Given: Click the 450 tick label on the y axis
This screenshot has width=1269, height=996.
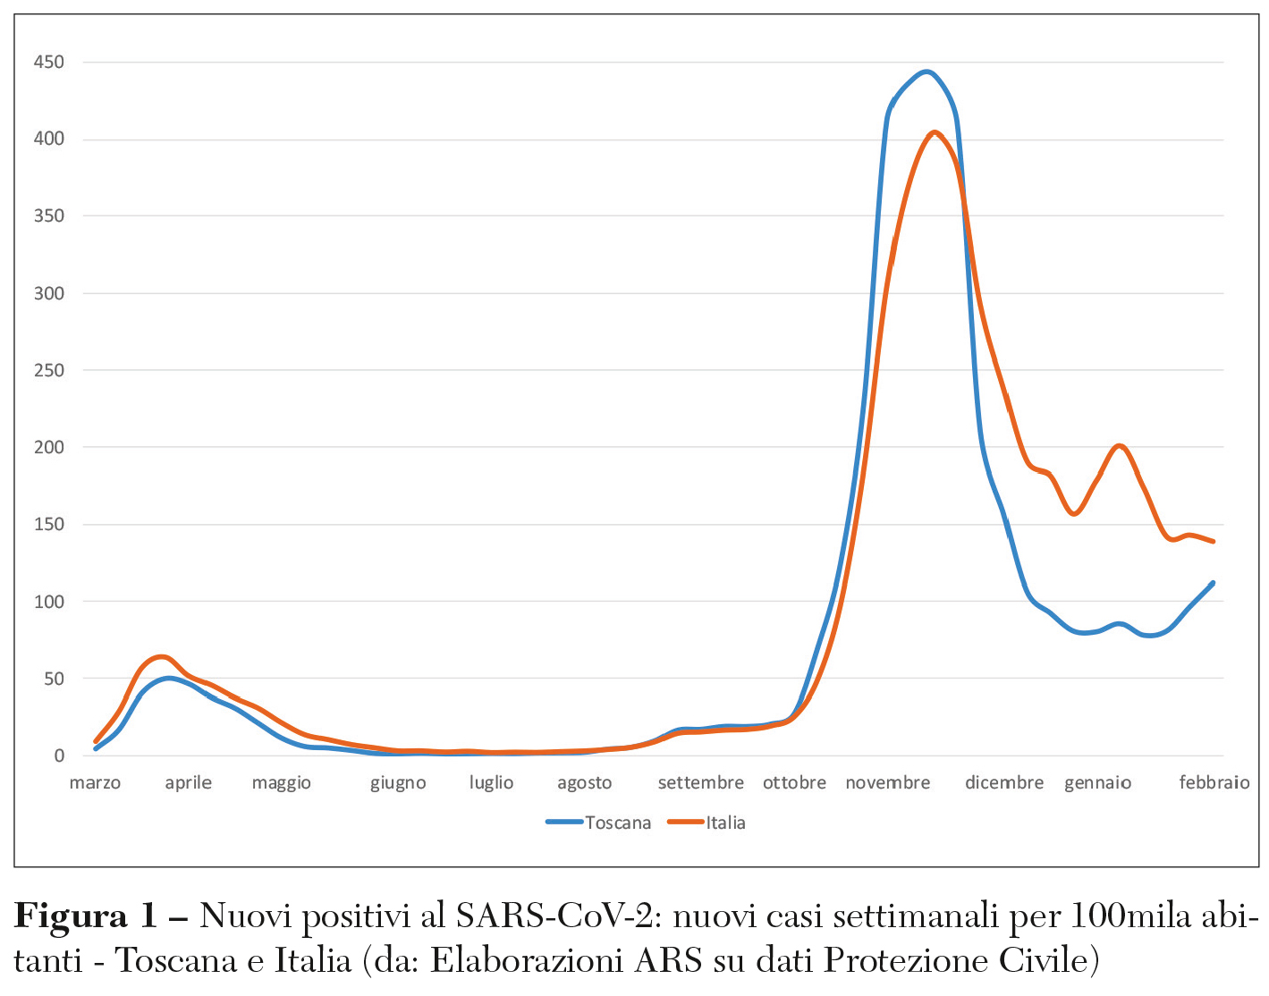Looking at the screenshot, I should (x=48, y=62).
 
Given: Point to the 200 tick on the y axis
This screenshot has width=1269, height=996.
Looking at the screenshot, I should (x=48, y=447).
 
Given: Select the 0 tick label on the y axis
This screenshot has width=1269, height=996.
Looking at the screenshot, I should (x=59, y=755).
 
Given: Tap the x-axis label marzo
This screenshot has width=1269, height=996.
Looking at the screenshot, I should (x=95, y=783).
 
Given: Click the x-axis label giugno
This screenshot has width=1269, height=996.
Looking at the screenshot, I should (x=398, y=783).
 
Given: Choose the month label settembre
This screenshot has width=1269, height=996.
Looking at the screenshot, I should (x=700, y=783).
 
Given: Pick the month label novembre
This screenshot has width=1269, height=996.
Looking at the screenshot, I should (x=887, y=783).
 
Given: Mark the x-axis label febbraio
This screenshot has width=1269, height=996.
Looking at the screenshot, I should (x=1214, y=783).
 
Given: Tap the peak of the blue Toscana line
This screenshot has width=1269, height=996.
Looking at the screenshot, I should (x=926, y=72).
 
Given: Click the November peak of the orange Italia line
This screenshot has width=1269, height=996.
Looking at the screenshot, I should (x=935, y=132).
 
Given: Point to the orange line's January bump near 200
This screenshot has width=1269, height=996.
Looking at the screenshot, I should (x=1120, y=445).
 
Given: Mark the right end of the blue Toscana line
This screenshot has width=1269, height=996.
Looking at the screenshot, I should (x=1213, y=583).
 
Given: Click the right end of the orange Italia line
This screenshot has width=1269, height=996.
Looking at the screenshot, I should (x=1214, y=541).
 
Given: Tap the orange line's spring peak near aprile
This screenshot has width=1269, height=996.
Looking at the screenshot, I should (x=161, y=656).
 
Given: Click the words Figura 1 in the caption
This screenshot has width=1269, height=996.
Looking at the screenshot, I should (x=85, y=916).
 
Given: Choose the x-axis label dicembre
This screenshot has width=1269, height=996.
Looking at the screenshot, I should (x=1003, y=783).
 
